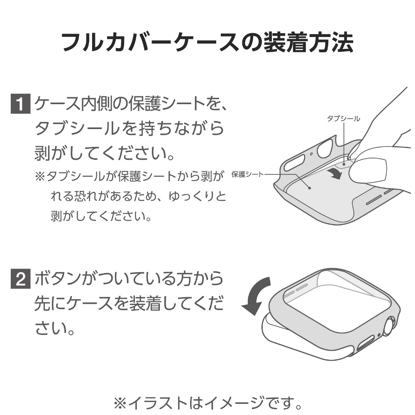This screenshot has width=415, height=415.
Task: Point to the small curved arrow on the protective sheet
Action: click(x=335, y=173)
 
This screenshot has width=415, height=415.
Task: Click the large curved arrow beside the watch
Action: click(x=255, y=296)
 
